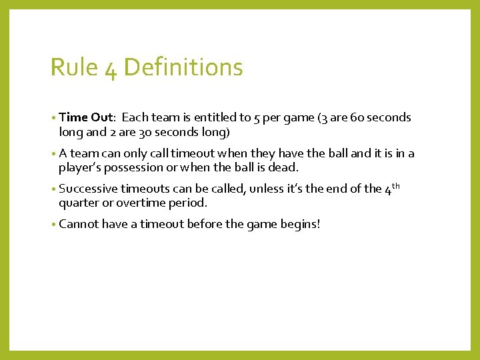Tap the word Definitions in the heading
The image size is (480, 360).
coord(183,67)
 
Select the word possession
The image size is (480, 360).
coord(133,167)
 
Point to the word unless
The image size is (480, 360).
coord(267,189)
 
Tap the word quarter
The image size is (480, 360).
coord(79,203)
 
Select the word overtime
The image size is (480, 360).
coord(140,203)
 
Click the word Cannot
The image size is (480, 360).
coord(78,225)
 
